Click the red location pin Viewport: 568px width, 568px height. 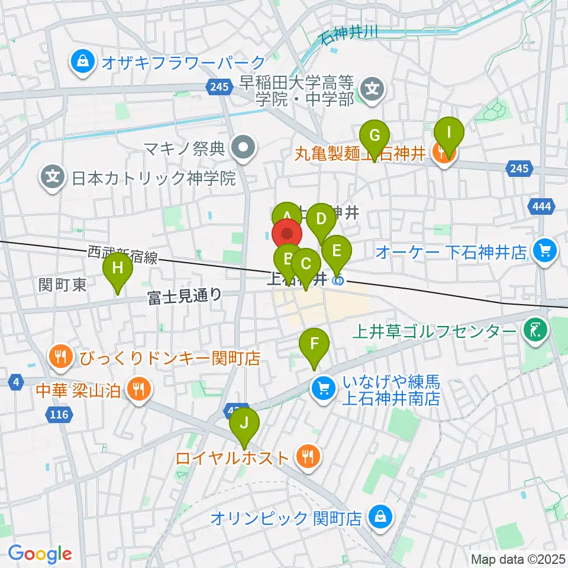click(x=288, y=234)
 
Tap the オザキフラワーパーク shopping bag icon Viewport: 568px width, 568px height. click(x=83, y=62)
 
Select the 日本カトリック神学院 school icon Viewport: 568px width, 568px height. click(x=53, y=177)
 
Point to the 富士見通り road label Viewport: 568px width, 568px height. click(x=185, y=295)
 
